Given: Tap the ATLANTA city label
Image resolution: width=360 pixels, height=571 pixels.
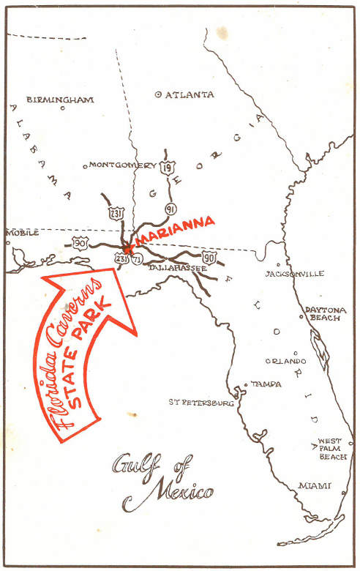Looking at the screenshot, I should tap(190, 95).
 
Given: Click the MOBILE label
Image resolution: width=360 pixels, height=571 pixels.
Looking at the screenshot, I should tap(22, 233).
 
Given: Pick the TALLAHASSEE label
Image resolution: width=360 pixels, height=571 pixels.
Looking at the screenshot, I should tap(178, 269).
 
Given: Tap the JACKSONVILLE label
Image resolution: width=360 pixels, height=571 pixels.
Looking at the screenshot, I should tap(295, 274).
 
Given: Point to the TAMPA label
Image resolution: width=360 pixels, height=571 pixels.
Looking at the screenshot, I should tap(266, 384).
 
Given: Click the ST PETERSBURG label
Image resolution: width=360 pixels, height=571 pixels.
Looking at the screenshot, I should tap(201, 403).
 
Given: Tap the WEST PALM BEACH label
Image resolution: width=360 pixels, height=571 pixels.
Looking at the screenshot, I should tap(332, 449).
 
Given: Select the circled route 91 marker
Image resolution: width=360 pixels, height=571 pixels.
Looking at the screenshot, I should tap(170, 209).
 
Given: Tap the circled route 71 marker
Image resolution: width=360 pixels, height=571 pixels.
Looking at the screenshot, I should tap(138, 259).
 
